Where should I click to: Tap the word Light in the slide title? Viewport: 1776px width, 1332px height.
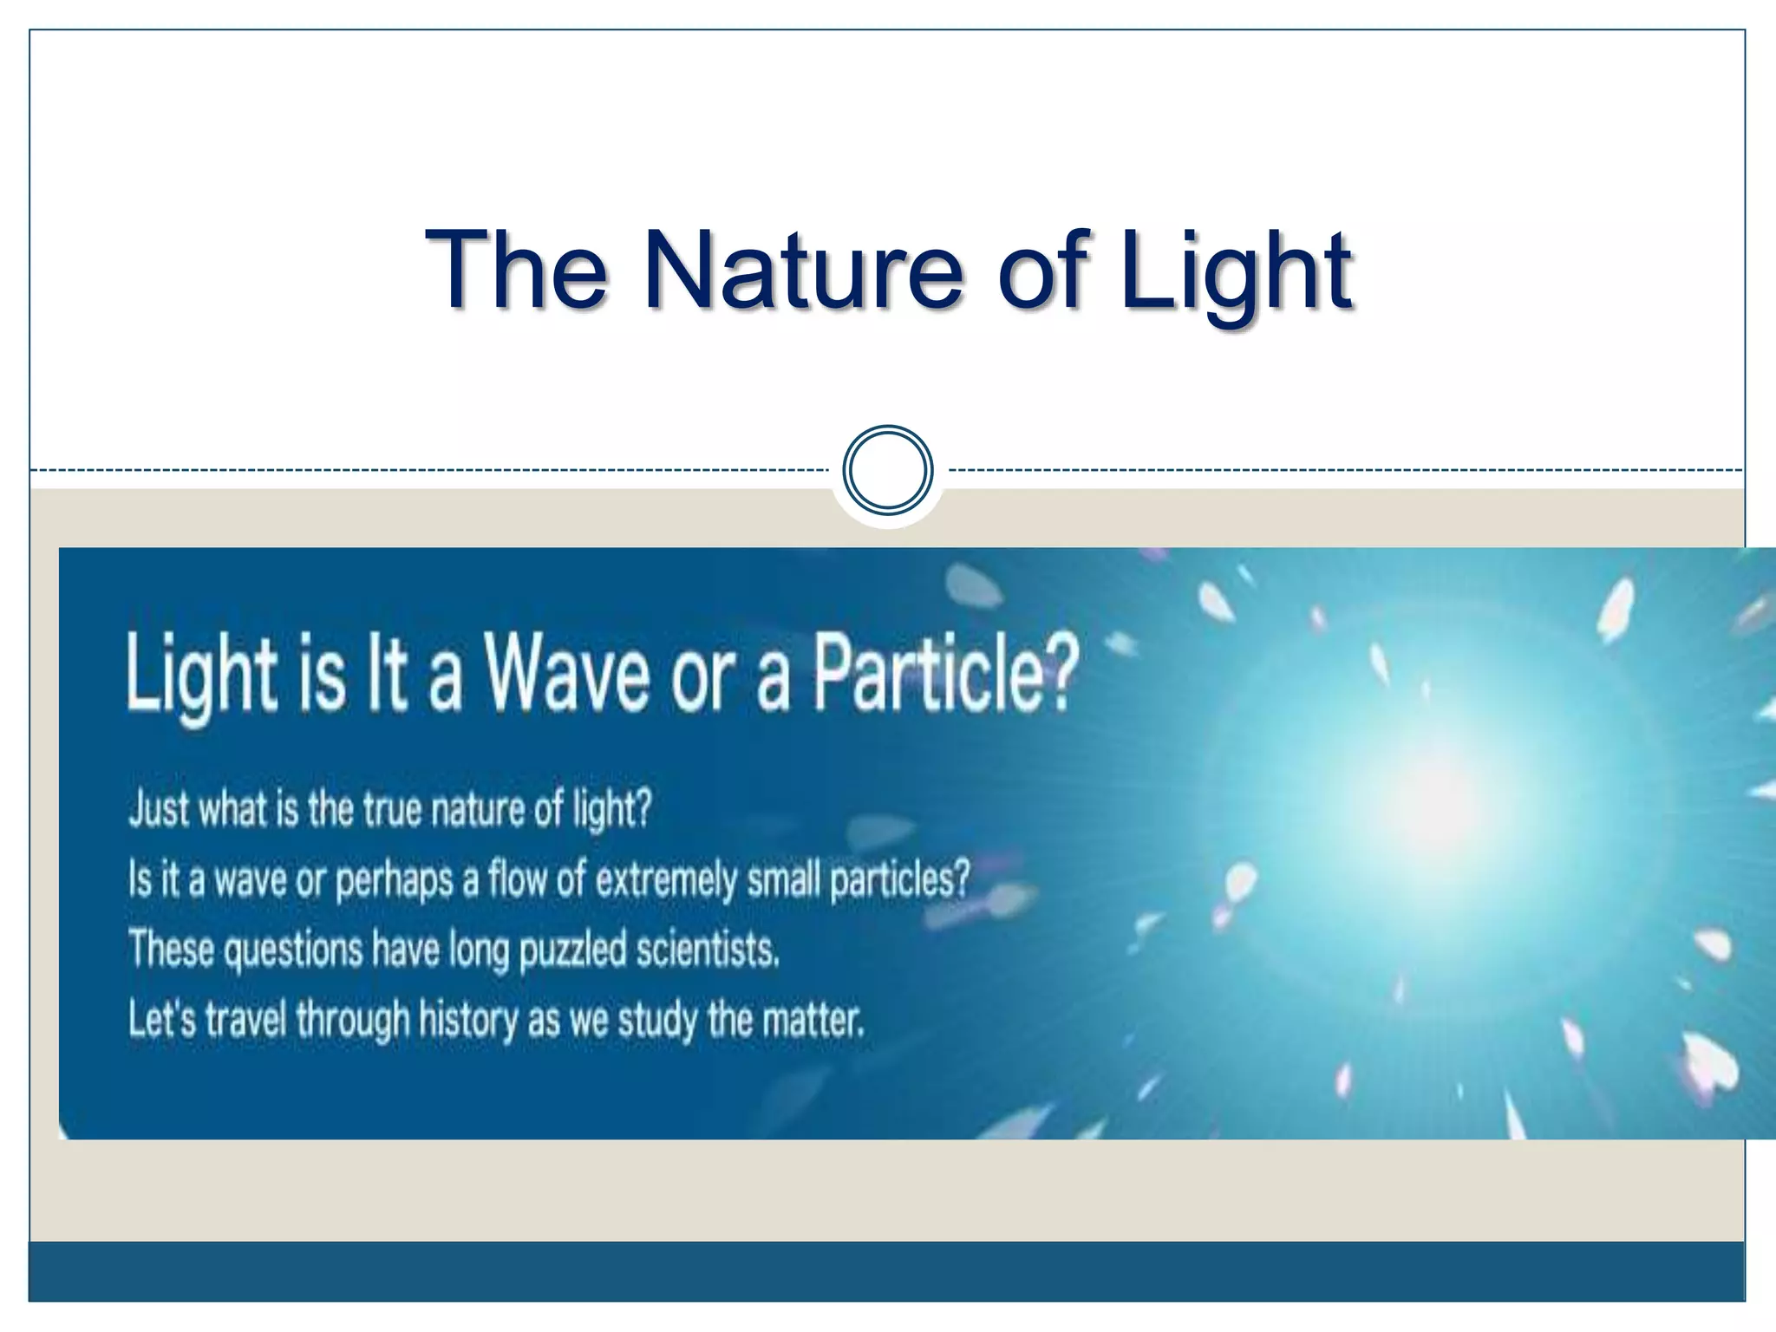(x=1235, y=271)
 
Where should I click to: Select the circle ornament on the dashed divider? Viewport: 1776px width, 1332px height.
(x=888, y=470)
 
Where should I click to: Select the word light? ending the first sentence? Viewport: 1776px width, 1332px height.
(x=611, y=808)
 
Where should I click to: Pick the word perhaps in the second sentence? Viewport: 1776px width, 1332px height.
(x=394, y=879)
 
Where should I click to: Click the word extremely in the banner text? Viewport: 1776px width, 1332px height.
(x=666, y=879)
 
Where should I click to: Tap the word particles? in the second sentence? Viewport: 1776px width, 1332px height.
(x=900, y=879)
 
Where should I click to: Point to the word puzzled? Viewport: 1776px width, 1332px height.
(x=572, y=950)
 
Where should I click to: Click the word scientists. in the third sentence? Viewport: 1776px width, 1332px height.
(x=708, y=949)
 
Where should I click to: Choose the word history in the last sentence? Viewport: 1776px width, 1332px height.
(x=468, y=1018)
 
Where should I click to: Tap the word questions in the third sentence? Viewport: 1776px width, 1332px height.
(x=293, y=950)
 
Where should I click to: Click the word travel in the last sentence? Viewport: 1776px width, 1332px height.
(x=245, y=1018)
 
